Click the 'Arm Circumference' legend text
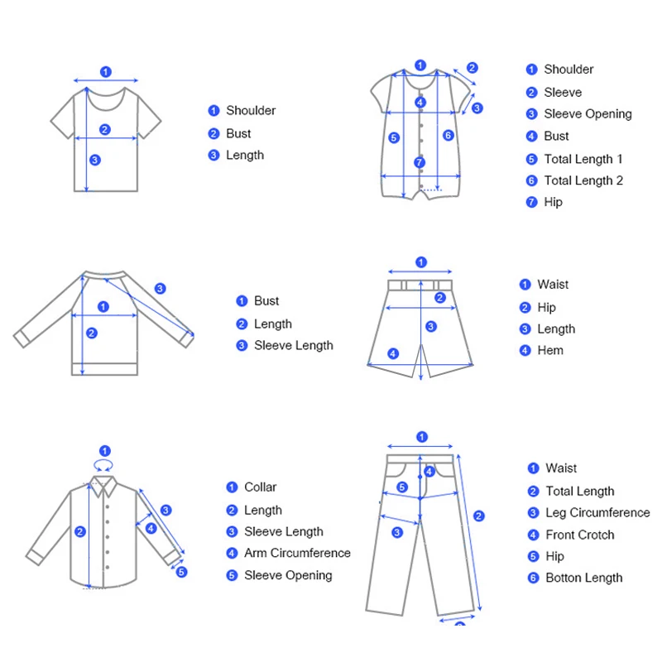pyautogui.click(x=297, y=554)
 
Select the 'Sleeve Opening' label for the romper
pyautogui.click(x=588, y=114)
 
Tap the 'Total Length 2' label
pyautogui.click(x=583, y=180)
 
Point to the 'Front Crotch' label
pyautogui.click(x=579, y=535)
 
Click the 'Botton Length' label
pyautogui.click(x=583, y=578)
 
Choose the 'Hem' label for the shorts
pyautogui.click(x=550, y=351)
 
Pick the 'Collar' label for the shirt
pyautogui.click(x=260, y=487)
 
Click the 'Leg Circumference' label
pyautogui.click(x=597, y=513)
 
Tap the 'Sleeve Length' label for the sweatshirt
pyautogui.click(x=293, y=346)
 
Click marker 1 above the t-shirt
pyautogui.click(x=105, y=72)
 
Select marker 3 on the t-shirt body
pyautogui.click(x=95, y=160)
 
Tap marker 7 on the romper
pyautogui.click(x=420, y=163)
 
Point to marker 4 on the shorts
pyautogui.click(x=393, y=354)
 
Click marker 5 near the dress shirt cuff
pyautogui.click(x=182, y=571)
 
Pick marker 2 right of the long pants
pyautogui.click(x=479, y=516)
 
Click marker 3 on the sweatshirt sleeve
pyautogui.click(x=160, y=289)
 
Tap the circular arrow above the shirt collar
pyautogui.click(x=104, y=453)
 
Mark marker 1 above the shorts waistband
pyautogui.click(x=421, y=262)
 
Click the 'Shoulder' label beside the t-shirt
pyautogui.click(x=251, y=111)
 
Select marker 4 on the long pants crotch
pyautogui.click(x=429, y=472)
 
